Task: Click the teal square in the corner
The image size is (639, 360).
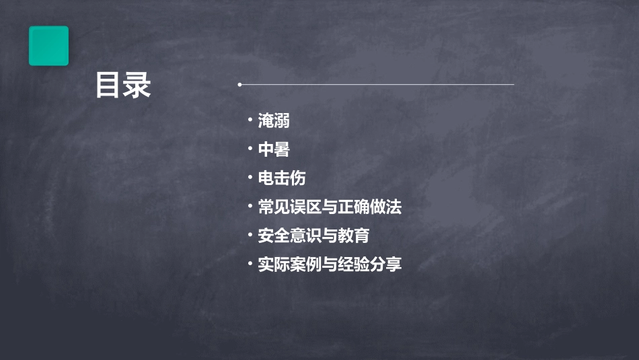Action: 48,46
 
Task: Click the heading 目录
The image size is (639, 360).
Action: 123,86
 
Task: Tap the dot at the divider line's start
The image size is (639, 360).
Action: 239,85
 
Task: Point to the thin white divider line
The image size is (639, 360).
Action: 377,85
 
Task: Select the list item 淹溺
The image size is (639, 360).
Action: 274,121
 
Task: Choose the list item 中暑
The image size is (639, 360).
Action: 274,149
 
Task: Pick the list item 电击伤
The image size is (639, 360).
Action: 282,178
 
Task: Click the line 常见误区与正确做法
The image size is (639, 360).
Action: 330,207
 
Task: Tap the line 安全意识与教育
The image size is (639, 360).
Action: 313,236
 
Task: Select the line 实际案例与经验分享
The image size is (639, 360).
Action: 330,264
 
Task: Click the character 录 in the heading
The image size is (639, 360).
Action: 138,86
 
